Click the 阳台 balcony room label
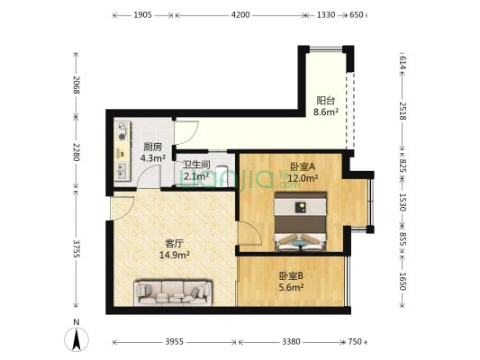point(325,101)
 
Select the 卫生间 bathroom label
point(196,165)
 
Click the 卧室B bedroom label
point(290,275)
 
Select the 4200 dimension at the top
point(240,15)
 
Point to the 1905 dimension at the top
point(142,15)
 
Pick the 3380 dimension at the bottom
point(291,342)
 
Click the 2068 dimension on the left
point(78,85)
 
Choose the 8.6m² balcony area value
point(325,112)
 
